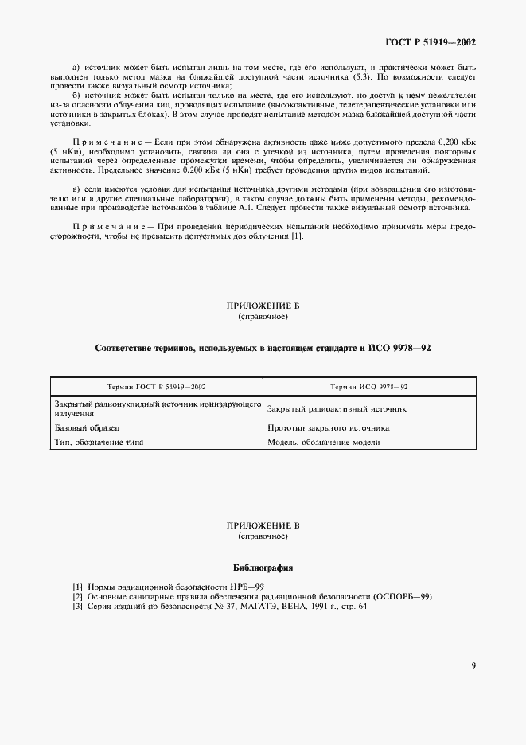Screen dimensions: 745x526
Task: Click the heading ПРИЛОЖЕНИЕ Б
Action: point(263,306)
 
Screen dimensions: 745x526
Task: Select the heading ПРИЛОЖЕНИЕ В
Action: point(263,527)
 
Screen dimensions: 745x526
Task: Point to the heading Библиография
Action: point(263,569)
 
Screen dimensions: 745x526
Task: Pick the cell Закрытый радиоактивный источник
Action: point(337,409)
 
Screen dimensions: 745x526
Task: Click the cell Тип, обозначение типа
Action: point(99,442)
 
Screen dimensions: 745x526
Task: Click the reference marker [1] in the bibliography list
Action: point(77,587)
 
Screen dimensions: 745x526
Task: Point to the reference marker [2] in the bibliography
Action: point(77,596)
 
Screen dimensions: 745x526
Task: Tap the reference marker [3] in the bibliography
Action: point(77,606)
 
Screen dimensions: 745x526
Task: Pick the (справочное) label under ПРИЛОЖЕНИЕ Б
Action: point(263,317)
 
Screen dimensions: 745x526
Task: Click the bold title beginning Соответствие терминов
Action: point(263,349)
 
